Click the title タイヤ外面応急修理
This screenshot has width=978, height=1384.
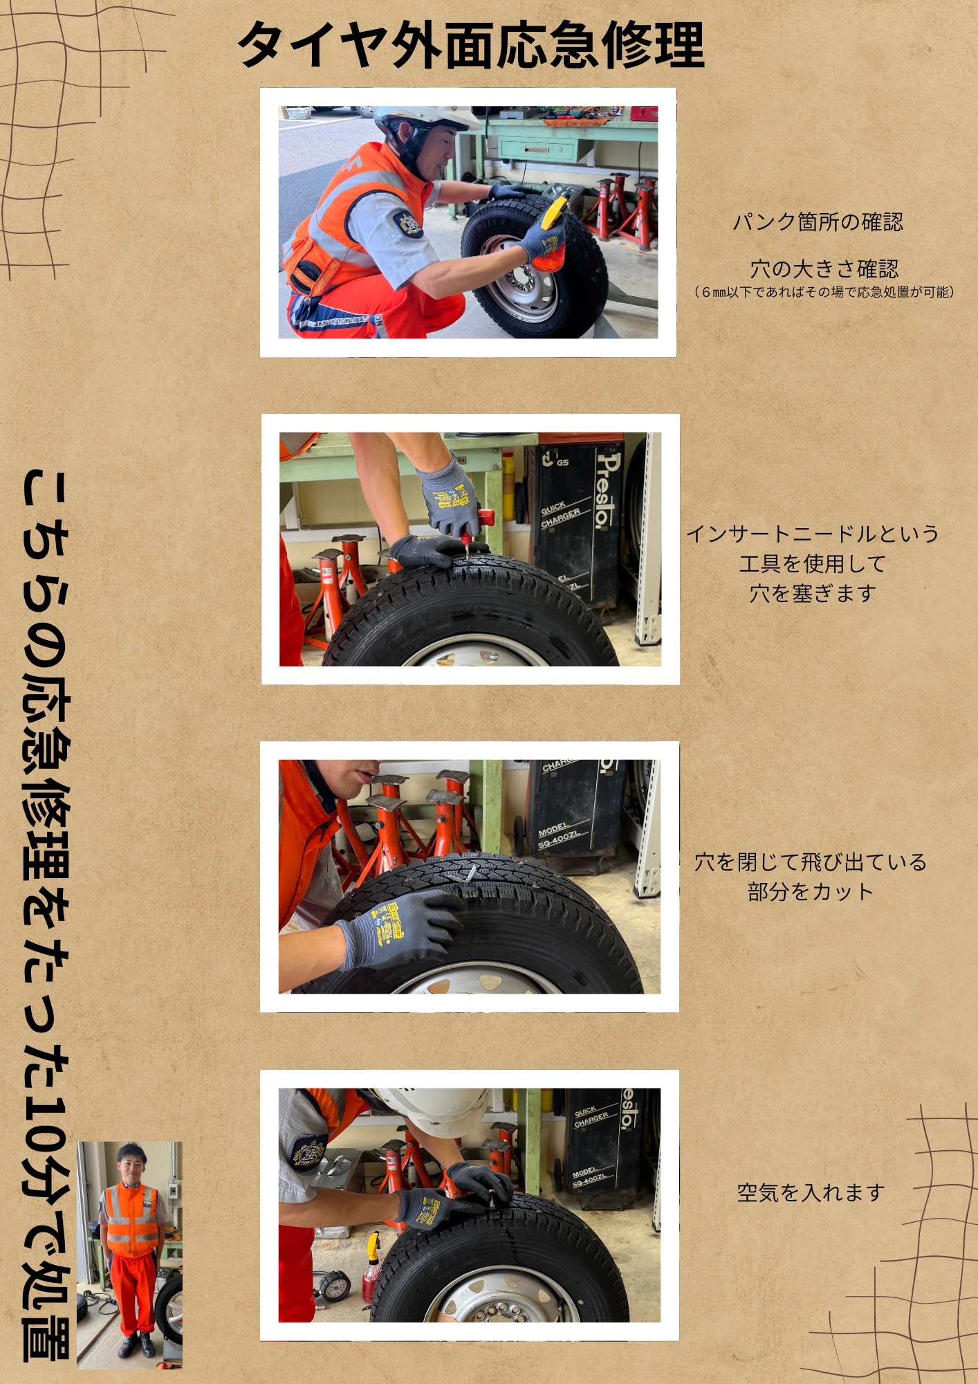pyautogui.click(x=471, y=45)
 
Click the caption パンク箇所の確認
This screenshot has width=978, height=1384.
pyautogui.click(x=818, y=222)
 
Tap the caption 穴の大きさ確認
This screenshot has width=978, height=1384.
pyautogui.click(x=824, y=268)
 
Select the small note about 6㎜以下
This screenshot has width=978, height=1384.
pyautogui.click(x=824, y=292)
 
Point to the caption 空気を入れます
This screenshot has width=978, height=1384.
pyautogui.click(x=811, y=1192)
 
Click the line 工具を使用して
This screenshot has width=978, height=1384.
pyautogui.click(x=812, y=563)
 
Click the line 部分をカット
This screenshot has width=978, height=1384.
pyautogui.click(x=810, y=891)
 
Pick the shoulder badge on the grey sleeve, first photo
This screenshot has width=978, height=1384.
pyautogui.click(x=405, y=223)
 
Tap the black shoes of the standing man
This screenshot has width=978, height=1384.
pyautogui.click(x=137, y=1345)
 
